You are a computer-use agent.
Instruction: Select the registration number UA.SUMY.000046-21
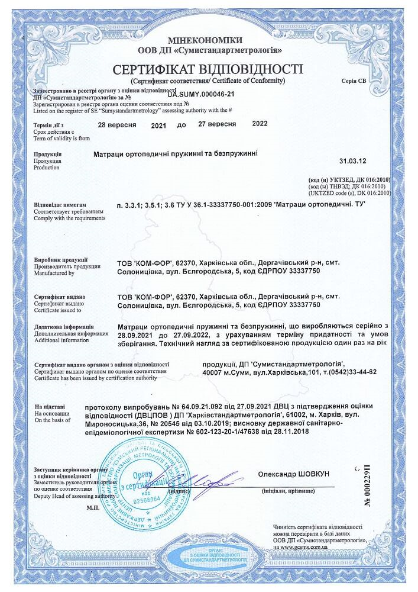coord(202,94)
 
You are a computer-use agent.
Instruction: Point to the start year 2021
coord(158,125)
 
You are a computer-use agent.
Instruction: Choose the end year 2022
coord(260,124)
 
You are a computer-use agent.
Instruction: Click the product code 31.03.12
coord(353,160)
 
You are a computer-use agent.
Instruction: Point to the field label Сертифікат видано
coord(59,295)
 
